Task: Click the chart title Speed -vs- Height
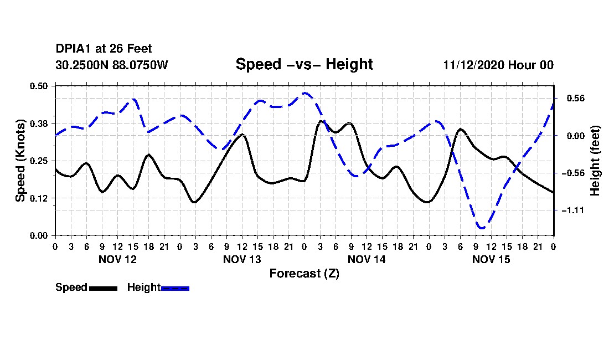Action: click(304, 64)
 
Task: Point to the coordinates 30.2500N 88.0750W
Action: click(111, 65)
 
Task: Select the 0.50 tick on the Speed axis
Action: click(39, 86)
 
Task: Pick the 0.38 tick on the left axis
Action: click(39, 123)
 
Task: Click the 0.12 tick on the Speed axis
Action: click(39, 198)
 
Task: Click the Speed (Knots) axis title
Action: click(20, 160)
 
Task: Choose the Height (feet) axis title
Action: click(595, 161)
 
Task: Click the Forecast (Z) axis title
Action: click(304, 273)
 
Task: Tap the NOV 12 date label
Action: click(117, 259)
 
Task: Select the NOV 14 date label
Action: click(367, 259)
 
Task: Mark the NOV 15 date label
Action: click(491, 259)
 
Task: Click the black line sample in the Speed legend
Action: click(103, 288)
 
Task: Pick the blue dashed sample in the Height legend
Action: click(175, 288)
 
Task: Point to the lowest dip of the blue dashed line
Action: click(482, 228)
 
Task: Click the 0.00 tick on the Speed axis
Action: click(39, 235)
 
